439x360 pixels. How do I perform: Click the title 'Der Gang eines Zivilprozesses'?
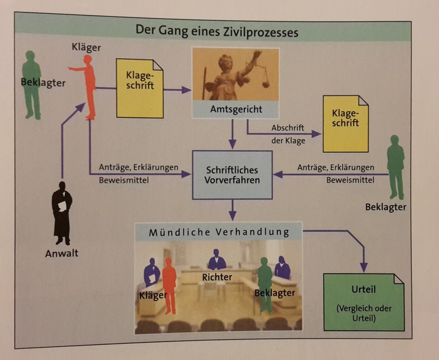click(x=216, y=31)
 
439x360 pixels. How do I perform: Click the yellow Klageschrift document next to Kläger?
click(x=140, y=88)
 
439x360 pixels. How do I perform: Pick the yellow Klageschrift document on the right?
click(x=345, y=123)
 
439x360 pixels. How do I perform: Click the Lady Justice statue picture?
click(x=235, y=74)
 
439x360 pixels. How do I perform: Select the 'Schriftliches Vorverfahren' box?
click(x=232, y=175)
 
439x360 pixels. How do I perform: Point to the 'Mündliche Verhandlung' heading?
click(x=219, y=232)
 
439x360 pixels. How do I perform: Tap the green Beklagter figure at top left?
click(x=32, y=84)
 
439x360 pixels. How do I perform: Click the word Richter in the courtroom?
click(x=217, y=277)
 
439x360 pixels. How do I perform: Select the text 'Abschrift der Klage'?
click(x=288, y=135)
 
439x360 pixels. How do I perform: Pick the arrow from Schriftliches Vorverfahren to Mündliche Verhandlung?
click(x=232, y=211)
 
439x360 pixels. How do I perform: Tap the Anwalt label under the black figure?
click(x=62, y=253)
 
